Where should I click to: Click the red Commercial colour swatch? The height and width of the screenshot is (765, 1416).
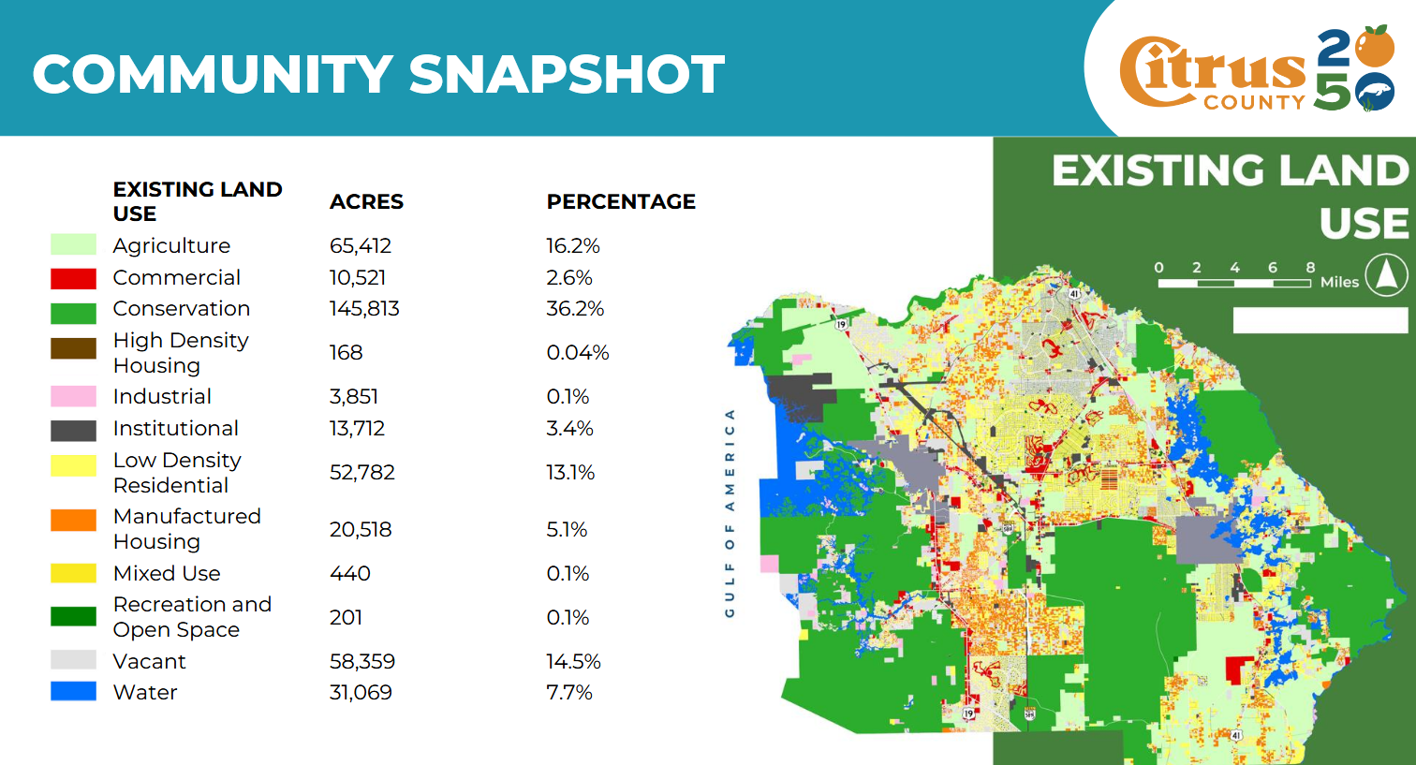tap(73, 278)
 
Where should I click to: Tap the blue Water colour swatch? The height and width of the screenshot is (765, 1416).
tap(73, 692)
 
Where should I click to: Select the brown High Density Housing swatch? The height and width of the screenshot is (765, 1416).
tap(73, 348)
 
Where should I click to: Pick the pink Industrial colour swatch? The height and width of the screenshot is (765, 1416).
tap(73, 396)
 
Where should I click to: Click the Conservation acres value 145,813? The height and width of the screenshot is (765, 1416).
tap(364, 309)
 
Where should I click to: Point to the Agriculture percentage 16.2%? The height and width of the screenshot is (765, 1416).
tap(572, 246)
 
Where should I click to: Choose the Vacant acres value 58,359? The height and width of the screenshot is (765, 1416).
tap(362, 661)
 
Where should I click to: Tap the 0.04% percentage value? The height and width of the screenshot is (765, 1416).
tap(577, 353)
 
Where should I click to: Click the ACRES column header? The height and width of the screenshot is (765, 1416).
tap(366, 202)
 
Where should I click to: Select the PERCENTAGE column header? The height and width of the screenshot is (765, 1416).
tap(621, 202)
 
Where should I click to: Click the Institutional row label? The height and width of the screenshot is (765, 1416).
tap(175, 428)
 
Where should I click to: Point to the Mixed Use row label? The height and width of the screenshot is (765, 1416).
tap(167, 573)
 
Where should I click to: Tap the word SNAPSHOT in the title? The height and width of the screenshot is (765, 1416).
tap(567, 75)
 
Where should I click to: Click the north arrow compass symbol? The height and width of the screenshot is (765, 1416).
tap(1386, 275)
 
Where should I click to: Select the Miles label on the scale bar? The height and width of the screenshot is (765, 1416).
tap(1339, 282)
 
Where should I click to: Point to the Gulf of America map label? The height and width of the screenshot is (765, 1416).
tap(730, 513)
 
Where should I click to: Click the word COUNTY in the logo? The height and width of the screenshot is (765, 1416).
tap(1254, 102)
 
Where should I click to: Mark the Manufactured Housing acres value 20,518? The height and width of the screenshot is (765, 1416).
tap(361, 529)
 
